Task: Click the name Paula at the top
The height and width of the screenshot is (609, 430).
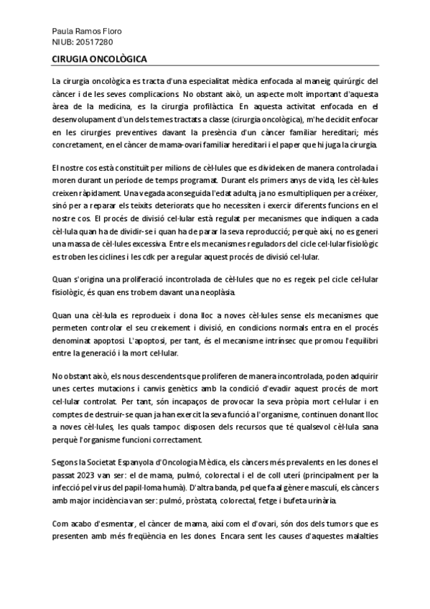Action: tap(64, 32)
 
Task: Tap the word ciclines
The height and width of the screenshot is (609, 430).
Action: tap(103, 256)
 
